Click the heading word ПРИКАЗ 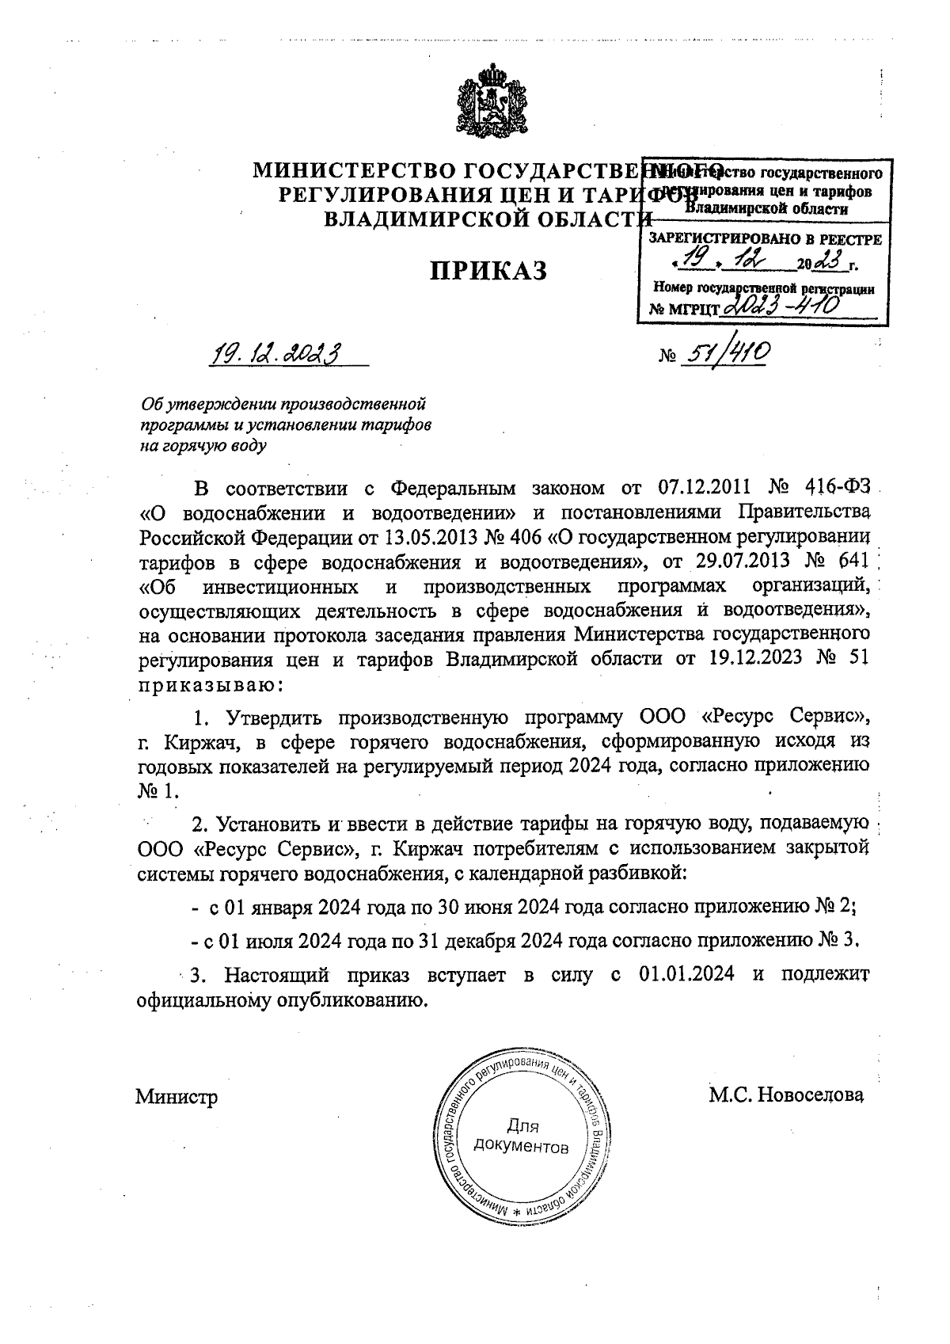click(x=488, y=271)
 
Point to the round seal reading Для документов click(x=521, y=1136)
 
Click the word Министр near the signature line click(x=176, y=1098)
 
